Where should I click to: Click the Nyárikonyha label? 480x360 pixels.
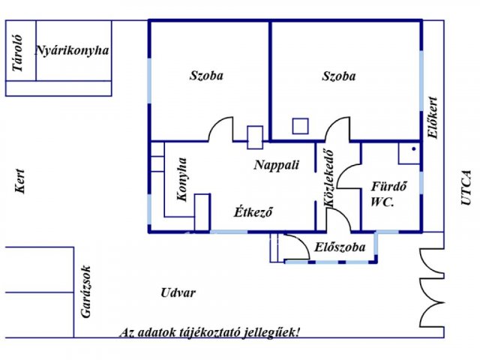72,51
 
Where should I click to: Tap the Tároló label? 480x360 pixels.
17,53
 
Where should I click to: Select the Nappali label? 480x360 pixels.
277,165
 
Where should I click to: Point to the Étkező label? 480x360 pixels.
253,211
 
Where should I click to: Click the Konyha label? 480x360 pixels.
181,179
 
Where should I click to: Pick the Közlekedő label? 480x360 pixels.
328,178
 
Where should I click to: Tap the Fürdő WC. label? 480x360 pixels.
388,194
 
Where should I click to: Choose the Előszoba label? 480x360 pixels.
340,247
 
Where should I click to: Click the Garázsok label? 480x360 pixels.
86,292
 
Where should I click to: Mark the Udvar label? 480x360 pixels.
178,293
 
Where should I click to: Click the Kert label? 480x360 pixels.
20,181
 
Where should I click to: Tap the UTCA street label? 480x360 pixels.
466,187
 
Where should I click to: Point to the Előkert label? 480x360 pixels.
433,118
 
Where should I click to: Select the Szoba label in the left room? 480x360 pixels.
206,76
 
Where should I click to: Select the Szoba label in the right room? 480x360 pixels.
339,76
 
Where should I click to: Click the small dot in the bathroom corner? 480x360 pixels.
414,149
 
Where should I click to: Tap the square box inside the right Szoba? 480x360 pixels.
300,126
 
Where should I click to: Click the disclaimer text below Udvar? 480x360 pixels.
210,333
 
